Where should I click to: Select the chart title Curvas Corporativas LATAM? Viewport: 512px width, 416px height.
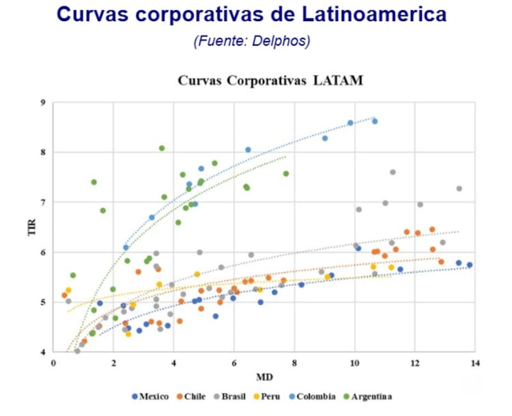click(x=270, y=81)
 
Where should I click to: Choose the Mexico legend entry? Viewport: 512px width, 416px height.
click(x=150, y=397)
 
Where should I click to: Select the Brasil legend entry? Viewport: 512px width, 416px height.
click(x=231, y=397)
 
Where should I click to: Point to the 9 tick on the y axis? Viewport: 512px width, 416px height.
click(x=42, y=102)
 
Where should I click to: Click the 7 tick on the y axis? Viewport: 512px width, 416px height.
click(x=42, y=202)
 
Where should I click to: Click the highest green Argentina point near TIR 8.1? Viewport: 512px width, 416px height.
click(x=162, y=148)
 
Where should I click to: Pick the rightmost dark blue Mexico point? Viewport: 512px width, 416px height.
click(x=469, y=265)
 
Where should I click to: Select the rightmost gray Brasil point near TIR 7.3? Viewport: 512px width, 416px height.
click(x=459, y=189)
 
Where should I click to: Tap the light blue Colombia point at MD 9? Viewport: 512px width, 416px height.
click(x=325, y=138)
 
